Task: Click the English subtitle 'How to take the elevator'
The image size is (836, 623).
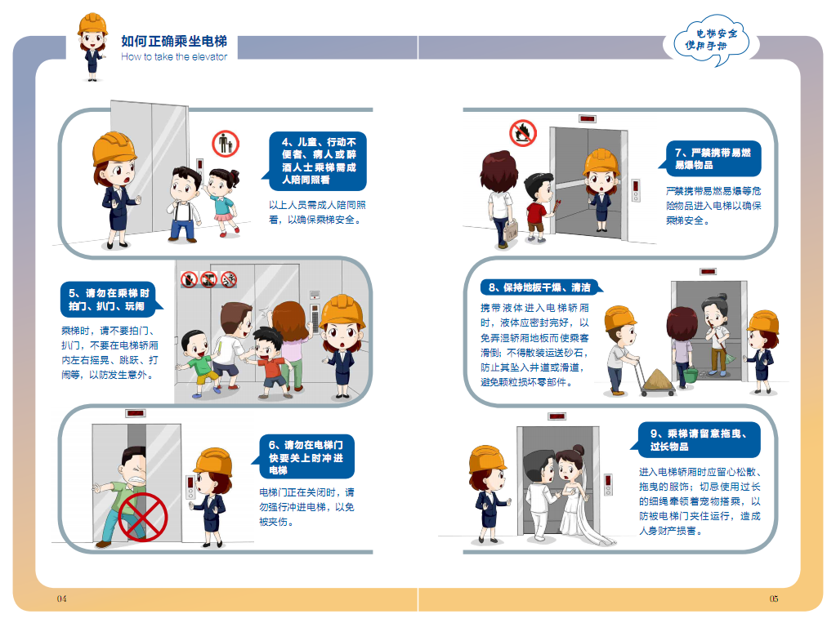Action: [x=173, y=57]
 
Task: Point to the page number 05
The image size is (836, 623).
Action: [x=773, y=599]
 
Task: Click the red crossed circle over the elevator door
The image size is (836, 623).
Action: [x=143, y=517]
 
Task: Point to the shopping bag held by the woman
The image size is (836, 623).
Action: [x=511, y=230]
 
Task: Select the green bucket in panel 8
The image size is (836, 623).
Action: [x=691, y=376]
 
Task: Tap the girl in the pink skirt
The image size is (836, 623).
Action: [x=222, y=200]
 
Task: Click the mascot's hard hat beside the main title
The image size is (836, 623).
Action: [x=92, y=24]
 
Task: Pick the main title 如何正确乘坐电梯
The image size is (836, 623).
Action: [x=174, y=41]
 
